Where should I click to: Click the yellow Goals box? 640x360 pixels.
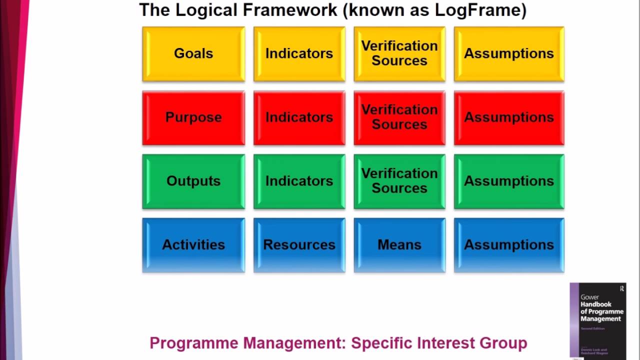pos(193,54)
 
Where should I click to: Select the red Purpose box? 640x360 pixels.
pos(193,118)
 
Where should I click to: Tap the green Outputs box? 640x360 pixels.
pos(193,181)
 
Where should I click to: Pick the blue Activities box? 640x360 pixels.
pos(193,245)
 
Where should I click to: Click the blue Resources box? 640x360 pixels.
pos(299,245)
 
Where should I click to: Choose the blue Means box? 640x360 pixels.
pos(399,245)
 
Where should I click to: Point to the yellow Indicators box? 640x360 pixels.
pos(299,54)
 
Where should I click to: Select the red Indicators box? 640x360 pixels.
pos(299,118)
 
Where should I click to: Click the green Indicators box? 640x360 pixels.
pos(299,181)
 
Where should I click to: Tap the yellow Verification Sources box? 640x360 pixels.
pos(399,54)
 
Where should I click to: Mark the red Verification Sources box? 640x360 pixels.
pos(399,118)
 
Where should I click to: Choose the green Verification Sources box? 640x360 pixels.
pos(399,181)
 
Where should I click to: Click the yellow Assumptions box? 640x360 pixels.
pos(509,54)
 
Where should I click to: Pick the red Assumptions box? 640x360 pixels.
pos(509,118)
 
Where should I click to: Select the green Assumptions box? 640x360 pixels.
pos(509,181)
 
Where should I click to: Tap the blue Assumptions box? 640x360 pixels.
pos(509,245)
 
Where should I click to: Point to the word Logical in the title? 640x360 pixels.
pos(200,10)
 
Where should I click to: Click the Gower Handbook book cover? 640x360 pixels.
pos(598,320)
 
